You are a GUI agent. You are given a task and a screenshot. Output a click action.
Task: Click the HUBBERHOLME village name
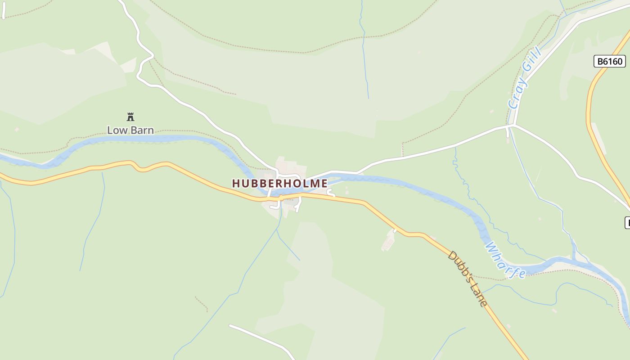click(x=279, y=184)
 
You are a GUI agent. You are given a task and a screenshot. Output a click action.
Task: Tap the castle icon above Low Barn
click(x=130, y=117)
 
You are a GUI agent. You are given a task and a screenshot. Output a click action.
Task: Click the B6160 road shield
click(x=609, y=61)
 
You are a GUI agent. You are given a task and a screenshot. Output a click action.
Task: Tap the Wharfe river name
click(x=505, y=261)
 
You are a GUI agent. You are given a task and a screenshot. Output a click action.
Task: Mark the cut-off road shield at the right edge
click(x=627, y=222)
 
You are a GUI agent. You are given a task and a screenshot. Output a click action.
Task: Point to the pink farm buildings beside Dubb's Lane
click(x=388, y=242)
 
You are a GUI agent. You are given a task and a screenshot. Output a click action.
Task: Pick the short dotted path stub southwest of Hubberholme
click(x=201, y=303)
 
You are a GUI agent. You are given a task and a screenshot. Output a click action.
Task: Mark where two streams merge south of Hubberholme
click(x=278, y=229)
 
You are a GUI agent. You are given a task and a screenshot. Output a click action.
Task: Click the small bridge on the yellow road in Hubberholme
click(x=280, y=197)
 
